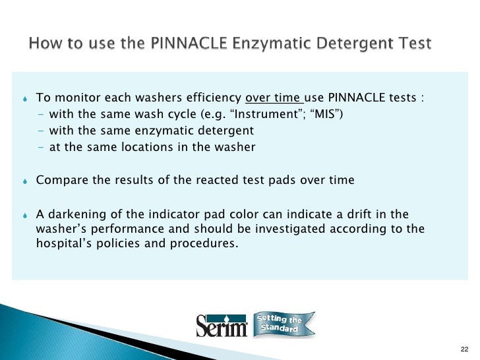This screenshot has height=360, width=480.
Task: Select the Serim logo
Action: point(222,326)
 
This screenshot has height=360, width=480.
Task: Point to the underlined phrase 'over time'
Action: point(273,99)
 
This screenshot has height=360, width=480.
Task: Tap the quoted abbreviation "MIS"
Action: point(326,115)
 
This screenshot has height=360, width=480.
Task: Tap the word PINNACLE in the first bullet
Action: point(359,99)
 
